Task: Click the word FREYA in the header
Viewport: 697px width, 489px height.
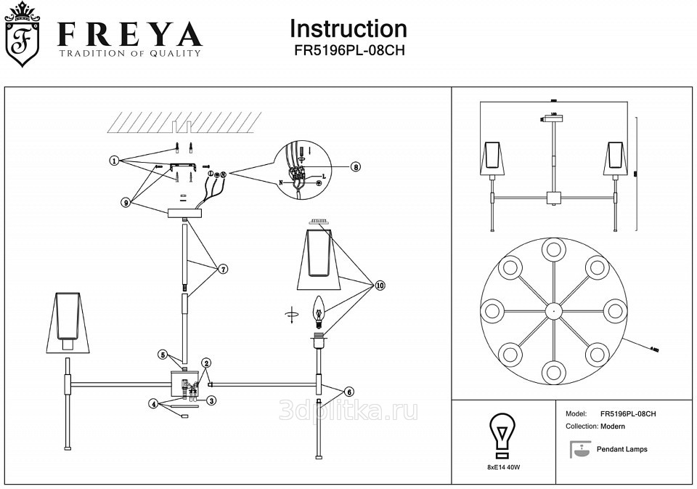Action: point(130,33)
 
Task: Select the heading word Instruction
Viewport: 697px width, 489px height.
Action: point(348,28)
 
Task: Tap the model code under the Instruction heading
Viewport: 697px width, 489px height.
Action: point(348,51)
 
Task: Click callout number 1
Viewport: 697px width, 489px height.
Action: point(114,161)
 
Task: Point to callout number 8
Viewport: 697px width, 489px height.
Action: point(355,166)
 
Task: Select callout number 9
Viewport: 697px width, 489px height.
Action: point(126,203)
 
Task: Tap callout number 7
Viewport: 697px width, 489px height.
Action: point(223,269)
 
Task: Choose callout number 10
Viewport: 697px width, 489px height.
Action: point(380,286)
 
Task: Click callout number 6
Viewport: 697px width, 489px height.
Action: point(349,392)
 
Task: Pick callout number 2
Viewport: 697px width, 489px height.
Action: point(207,363)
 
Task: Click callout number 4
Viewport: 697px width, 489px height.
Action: point(153,404)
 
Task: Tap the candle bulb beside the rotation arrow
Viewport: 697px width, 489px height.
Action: point(317,310)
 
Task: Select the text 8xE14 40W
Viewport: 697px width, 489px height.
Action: point(503,467)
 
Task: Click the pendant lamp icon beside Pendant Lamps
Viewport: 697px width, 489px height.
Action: point(579,450)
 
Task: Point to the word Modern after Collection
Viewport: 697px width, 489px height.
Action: point(613,427)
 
